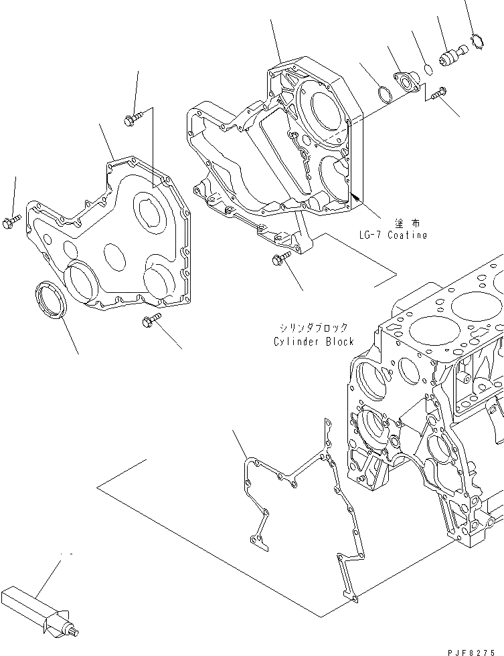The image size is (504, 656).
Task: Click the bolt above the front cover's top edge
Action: tap(132, 120)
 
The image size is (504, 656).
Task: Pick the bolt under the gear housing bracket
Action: tap(280, 259)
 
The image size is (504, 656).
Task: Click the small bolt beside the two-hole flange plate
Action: tap(438, 94)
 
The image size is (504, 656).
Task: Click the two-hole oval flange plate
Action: tap(406, 82)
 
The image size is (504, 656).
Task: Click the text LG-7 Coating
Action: tap(392, 235)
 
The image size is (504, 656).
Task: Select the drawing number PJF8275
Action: tap(473, 649)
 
